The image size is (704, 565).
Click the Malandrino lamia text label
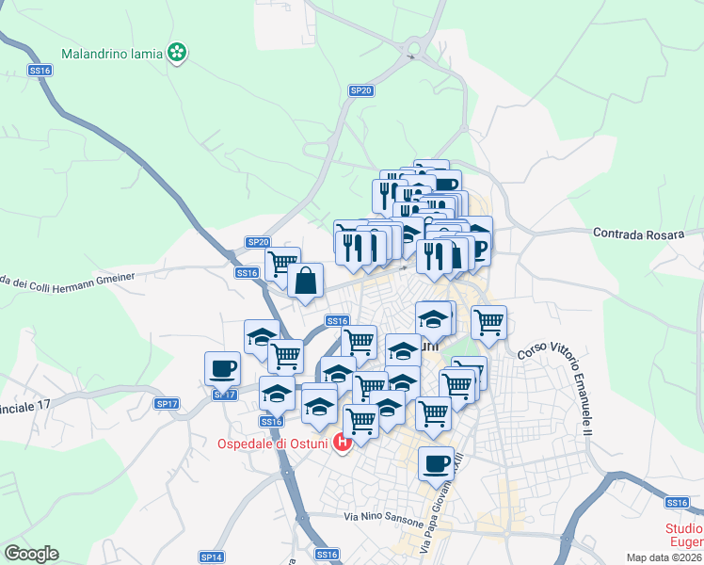tap(112, 54)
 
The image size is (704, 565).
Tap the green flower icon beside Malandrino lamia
tap(176, 54)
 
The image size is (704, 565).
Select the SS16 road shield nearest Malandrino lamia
tap(39, 70)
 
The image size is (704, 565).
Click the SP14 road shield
tap(212, 557)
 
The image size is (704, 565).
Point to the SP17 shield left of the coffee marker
tap(167, 403)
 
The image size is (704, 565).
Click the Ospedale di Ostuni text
tap(273, 444)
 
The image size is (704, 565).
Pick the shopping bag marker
tap(306, 280)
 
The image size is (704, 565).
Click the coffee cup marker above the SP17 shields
tap(222, 367)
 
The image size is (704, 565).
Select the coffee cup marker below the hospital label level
tap(436, 463)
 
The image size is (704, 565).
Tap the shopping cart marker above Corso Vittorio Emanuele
tap(488, 322)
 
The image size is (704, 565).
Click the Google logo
tap(31, 554)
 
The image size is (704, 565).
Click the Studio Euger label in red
tap(683, 535)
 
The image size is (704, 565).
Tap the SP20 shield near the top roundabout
tap(361, 90)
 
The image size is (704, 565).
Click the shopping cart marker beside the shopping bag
tap(281, 263)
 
